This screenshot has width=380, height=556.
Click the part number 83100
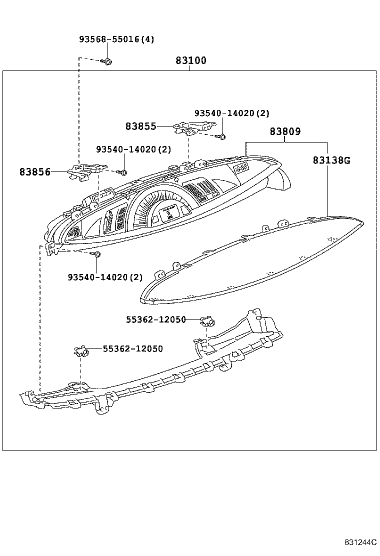pos(190,61)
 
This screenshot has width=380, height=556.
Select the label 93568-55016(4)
pos(116,39)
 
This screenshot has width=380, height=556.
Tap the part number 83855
pos(141,127)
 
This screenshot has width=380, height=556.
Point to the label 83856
pos(35,172)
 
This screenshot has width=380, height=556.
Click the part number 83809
pos(285,132)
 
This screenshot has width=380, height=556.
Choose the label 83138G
pos(331,160)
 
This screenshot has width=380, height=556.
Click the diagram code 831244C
pos(359,542)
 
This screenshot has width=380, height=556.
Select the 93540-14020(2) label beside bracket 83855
pos(232,114)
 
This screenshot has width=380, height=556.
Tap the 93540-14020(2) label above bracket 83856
pos(133,149)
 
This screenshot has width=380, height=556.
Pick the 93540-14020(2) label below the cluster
pos(105,277)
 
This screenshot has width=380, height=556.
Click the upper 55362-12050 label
pos(156,319)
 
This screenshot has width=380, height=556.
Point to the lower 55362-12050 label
pos(133,349)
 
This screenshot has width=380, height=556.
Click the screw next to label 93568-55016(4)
pos(107,61)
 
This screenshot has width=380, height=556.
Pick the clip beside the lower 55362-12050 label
pos(80,351)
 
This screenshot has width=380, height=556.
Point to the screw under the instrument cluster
pos(97,255)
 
